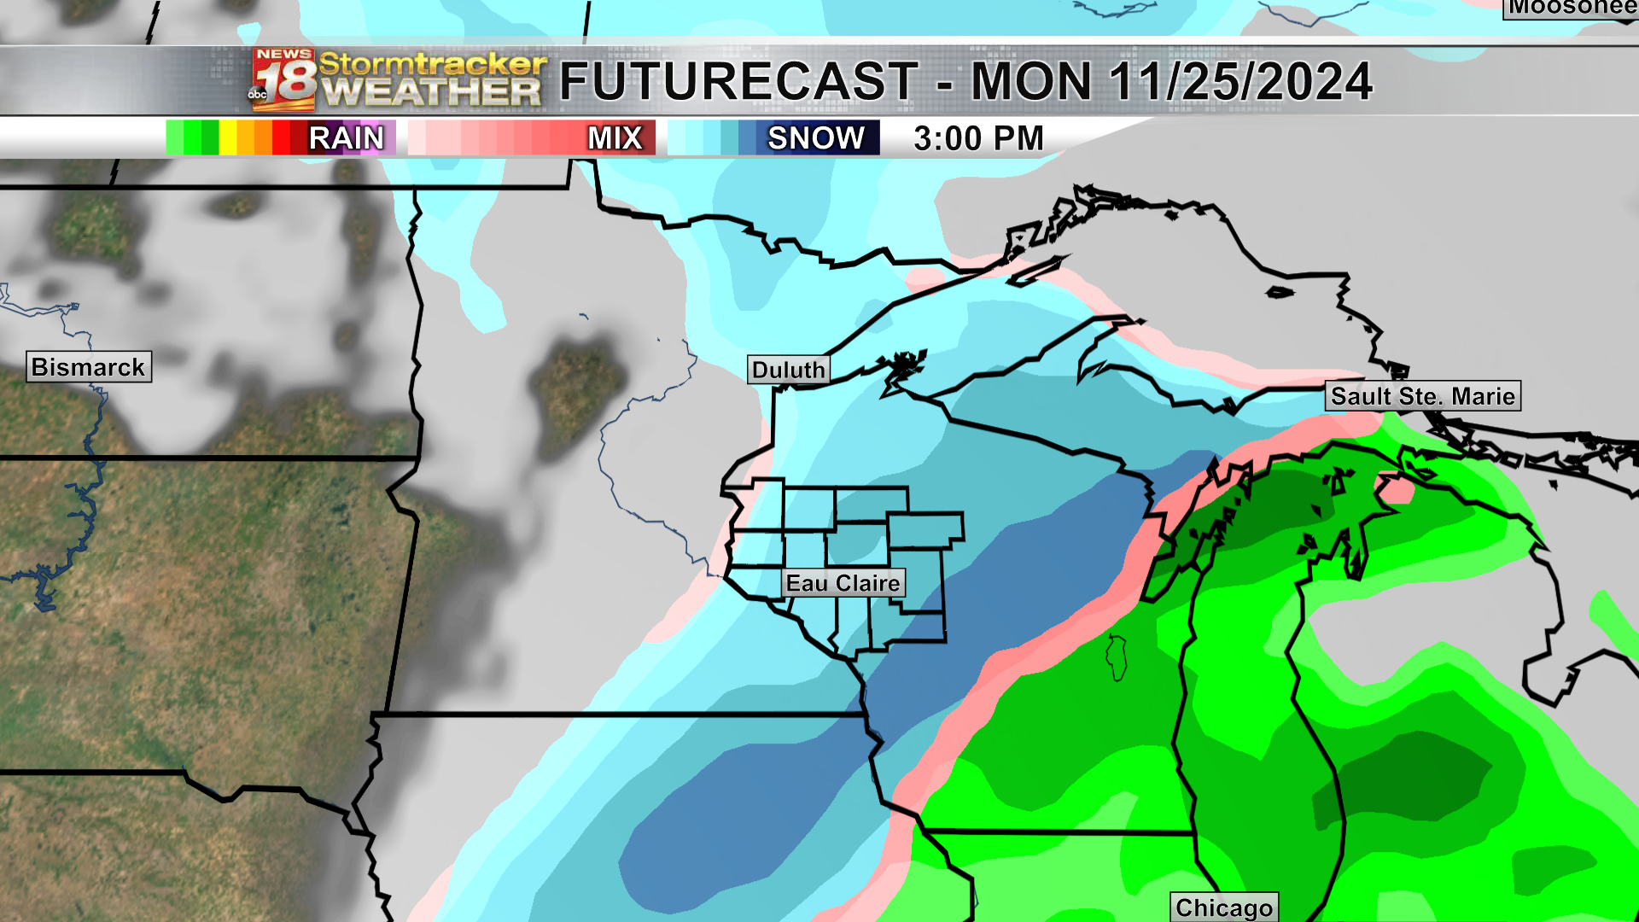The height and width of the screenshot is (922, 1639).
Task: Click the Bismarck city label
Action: pyautogui.click(x=89, y=367)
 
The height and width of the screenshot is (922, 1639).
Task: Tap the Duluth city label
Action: pyautogui.click(x=788, y=370)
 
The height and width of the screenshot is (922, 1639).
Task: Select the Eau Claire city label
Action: pyautogui.click(x=843, y=583)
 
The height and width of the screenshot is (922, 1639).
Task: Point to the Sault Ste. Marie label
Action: pyautogui.click(x=1422, y=396)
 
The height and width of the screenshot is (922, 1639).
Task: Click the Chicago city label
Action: pyautogui.click(x=1223, y=907)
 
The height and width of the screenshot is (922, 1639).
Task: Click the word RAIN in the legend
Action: pyautogui.click(x=346, y=138)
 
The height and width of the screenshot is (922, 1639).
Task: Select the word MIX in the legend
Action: pyautogui.click(x=615, y=138)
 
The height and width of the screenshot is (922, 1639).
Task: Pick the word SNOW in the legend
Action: pyautogui.click(x=815, y=138)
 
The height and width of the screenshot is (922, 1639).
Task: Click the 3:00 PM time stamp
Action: pyautogui.click(x=978, y=138)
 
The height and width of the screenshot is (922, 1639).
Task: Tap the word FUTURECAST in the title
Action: pyautogui.click(x=738, y=82)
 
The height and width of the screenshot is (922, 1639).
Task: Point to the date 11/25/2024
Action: pyautogui.click(x=1240, y=82)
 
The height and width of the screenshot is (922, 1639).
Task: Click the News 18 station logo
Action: pyautogui.click(x=283, y=81)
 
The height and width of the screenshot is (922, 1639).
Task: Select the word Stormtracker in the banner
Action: pyautogui.click(x=432, y=63)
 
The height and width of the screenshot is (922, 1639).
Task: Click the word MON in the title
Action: pyautogui.click(x=1031, y=82)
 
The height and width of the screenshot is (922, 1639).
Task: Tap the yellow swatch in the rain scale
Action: pyautogui.click(x=228, y=138)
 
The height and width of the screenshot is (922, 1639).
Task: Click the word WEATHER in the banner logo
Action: pyautogui.click(x=432, y=92)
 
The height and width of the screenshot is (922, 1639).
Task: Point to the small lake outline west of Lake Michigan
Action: pyautogui.click(x=1117, y=657)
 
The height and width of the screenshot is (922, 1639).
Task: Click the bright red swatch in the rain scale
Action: pyautogui.click(x=281, y=138)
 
